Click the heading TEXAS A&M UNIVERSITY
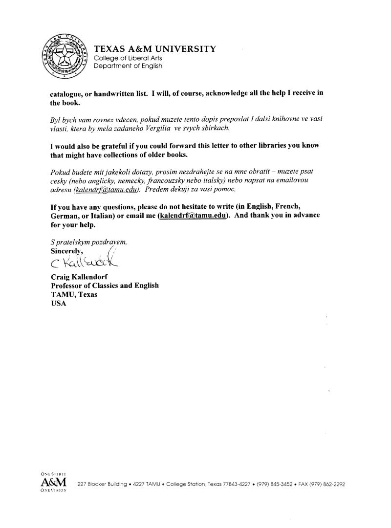[154, 48]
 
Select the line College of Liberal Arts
[128, 58]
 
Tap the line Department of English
[128, 66]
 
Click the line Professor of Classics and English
[105, 286]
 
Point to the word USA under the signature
[58, 303]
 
